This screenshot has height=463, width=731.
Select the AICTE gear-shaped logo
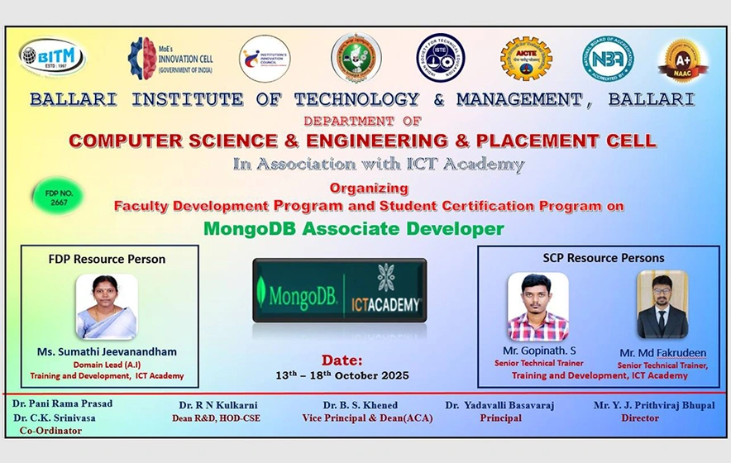click(x=526, y=59)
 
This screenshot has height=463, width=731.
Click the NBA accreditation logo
click(x=608, y=59)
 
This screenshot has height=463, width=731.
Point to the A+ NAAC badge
click(x=684, y=60)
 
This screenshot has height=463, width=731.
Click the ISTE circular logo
click(x=440, y=58)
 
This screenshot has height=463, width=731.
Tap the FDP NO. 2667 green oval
click(x=58, y=197)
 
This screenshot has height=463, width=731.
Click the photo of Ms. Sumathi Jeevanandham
click(x=106, y=307)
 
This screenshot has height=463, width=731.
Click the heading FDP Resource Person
click(x=107, y=259)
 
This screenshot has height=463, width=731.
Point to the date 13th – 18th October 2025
click(x=342, y=375)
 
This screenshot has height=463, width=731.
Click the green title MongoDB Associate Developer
click(x=365, y=227)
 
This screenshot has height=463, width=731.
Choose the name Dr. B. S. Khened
click(x=361, y=405)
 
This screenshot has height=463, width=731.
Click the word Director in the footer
click(x=641, y=418)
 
